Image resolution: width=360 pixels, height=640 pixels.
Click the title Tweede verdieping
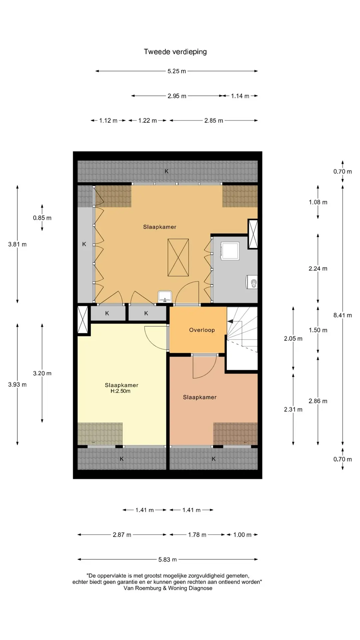(175, 52)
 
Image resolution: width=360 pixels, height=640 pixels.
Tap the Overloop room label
(202, 330)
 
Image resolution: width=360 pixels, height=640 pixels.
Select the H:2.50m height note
(121, 391)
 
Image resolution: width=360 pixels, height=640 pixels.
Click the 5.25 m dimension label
(177, 71)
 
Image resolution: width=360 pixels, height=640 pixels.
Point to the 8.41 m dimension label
(343, 315)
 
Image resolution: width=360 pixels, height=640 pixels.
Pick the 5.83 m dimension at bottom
(168, 560)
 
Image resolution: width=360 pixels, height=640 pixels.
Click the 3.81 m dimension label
(17, 244)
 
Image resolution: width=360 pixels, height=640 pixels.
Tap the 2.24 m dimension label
(318, 268)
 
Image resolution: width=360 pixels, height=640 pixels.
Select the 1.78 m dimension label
(197, 535)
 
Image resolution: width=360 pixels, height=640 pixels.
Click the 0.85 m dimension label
(42, 218)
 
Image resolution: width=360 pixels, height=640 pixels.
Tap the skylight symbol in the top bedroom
(178, 257)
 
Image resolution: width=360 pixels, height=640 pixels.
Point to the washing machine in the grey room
(230, 251)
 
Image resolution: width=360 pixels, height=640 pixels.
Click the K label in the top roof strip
(167, 171)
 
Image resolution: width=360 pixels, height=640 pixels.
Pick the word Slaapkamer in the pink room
(200, 397)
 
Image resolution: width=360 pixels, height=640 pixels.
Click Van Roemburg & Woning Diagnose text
(168, 588)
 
